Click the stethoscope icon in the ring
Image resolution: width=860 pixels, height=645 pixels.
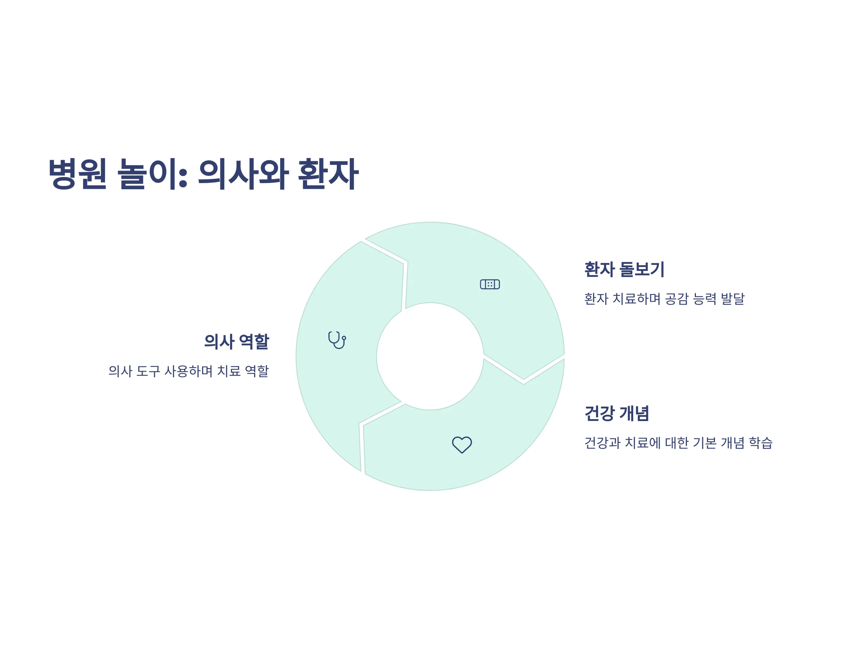(337, 340)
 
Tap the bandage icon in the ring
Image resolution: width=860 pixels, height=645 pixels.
(490, 284)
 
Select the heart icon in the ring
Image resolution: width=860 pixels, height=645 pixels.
(462, 445)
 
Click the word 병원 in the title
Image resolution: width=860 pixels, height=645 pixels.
(77, 174)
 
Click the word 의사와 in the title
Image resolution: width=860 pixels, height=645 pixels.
(243, 174)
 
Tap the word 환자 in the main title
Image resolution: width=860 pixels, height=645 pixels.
(328, 174)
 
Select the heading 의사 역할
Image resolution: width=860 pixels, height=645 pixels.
(236, 342)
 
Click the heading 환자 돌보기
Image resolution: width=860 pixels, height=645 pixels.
(624, 269)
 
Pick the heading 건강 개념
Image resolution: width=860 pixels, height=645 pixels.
(617, 413)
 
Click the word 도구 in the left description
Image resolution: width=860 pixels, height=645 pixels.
(148, 371)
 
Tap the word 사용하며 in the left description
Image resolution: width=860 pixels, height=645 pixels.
(188, 371)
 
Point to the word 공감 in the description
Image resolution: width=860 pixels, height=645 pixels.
(677, 299)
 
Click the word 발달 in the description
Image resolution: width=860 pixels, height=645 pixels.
(733, 299)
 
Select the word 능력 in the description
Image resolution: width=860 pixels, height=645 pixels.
(705, 299)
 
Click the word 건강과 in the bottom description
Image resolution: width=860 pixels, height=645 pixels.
(602, 443)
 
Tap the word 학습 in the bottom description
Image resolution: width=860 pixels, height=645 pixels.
(761, 443)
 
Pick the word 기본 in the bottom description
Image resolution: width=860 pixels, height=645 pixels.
(705, 443)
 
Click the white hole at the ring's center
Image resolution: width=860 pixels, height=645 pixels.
(430, 356)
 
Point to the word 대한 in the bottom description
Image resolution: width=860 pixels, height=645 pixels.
(677, 443)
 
